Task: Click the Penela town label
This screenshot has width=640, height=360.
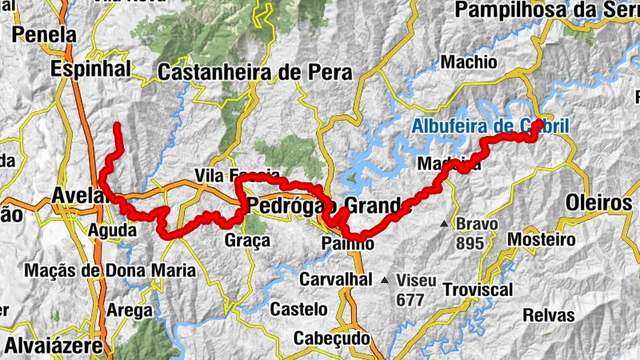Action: click(x=45, y=35)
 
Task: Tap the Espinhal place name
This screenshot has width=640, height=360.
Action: click(x=90, y=70)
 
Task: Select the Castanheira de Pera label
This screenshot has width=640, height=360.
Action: click(x=255, y=73)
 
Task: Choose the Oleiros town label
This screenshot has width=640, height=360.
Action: click(x=598, y=202)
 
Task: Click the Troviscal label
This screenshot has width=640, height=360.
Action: click(x=477, y=289)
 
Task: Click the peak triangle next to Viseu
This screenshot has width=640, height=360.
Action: click(x=386, y=280)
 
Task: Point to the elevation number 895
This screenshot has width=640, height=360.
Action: click(x=470, y=242)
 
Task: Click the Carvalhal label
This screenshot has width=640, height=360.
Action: click(x=336, y=279)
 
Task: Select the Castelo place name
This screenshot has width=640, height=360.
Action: click(x=298, y=309)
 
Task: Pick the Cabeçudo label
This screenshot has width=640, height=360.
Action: click(x=331, y=338)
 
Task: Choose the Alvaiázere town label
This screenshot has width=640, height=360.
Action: click(x=54, y=346)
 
